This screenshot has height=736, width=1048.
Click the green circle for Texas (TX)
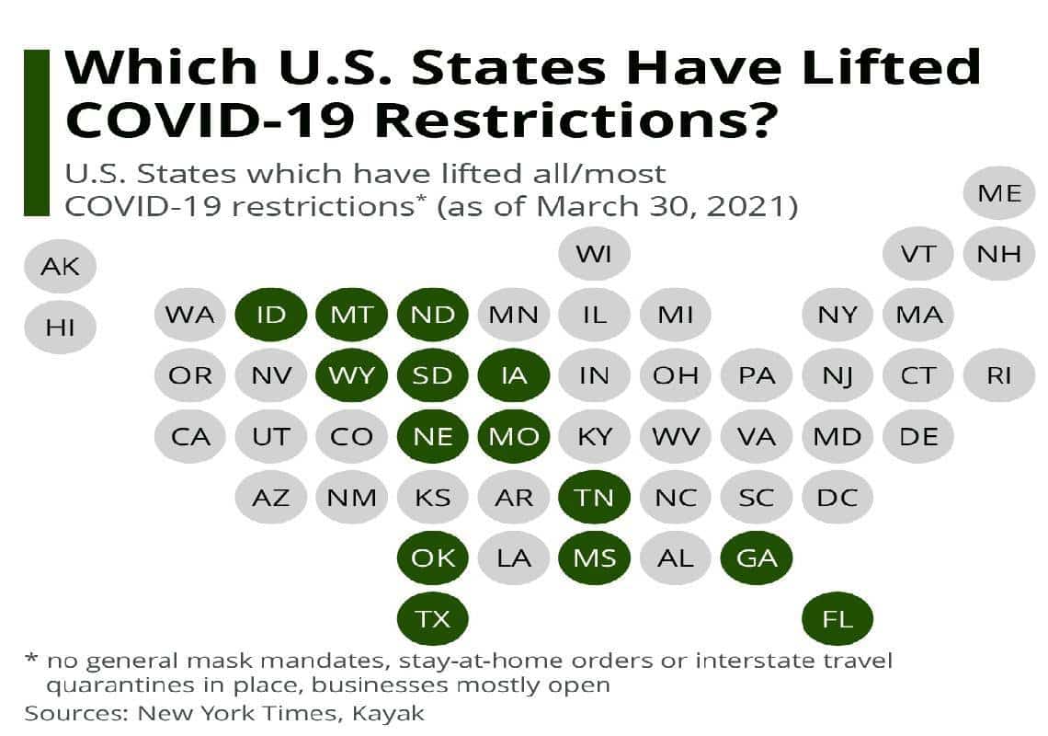coord(432,618)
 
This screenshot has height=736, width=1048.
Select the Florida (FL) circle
coord(837,618)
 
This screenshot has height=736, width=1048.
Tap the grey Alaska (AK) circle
coord(61,268)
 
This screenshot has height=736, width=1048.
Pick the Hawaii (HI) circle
coord(61,326)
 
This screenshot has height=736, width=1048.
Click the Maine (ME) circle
coord(999,193)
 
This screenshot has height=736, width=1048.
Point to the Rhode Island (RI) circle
coord(999,375)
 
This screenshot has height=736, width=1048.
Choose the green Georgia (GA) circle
coord(757,558)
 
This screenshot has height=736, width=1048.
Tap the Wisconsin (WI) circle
coord(595,253)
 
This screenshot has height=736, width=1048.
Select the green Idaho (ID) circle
coord(270,315)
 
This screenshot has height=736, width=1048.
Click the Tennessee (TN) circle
coord(595,497)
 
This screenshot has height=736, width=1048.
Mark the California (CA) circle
coord(190,436)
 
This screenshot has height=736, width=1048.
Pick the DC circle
coord(837,497)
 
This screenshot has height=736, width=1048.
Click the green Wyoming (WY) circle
coord(351,375)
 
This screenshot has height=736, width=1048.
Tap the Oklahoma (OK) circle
coord(432,558)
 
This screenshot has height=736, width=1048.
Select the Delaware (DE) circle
coord(918,436)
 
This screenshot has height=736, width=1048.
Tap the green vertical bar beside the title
coord(36,133)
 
